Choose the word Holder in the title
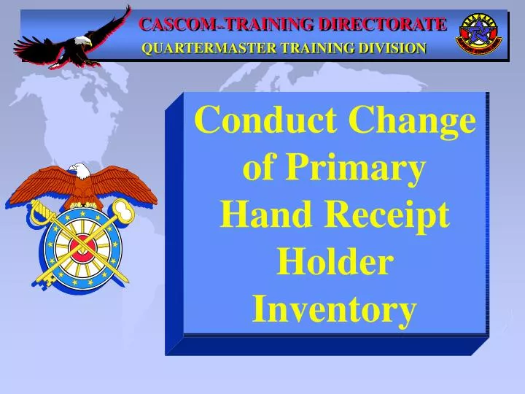pyautogui.click(x=334, y=262)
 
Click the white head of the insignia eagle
pyautogui.click(x=80, y=171)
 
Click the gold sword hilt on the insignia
pyautogui.click(x=38, y=213)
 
